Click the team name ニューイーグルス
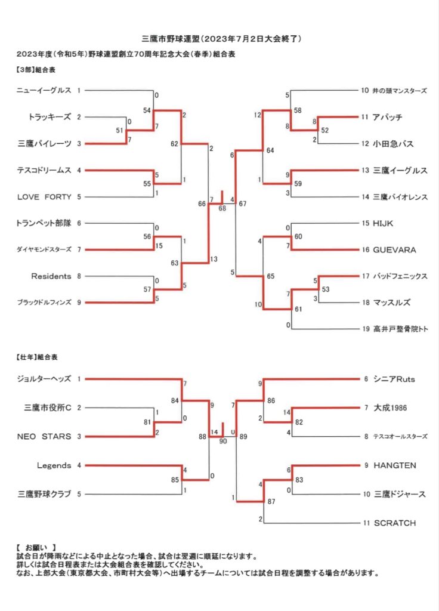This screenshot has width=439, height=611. [44, 91]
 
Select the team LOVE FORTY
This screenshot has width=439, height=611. [44, 197]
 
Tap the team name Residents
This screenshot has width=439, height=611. [51, 276]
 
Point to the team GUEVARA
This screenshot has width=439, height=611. [394, 250]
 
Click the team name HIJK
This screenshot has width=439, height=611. [383, 223]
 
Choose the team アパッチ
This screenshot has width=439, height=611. [387, 117]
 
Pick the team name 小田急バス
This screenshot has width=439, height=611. [393, 144]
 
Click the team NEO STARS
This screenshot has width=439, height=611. [44, 436]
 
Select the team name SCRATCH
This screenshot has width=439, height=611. [395, 523]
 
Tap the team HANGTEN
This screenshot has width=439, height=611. [395, 465]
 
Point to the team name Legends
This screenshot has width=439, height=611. [54, 465]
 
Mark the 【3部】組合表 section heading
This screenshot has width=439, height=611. [36, 70]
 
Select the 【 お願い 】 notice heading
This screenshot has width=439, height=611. [36, 548]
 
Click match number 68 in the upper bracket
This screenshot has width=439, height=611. [222, 208]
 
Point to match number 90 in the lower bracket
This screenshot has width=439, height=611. [223, 441]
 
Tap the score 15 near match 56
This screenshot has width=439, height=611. [159, 246]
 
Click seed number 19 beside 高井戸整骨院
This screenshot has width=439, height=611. [366, 329]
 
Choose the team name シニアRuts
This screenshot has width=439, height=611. [394, 379]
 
